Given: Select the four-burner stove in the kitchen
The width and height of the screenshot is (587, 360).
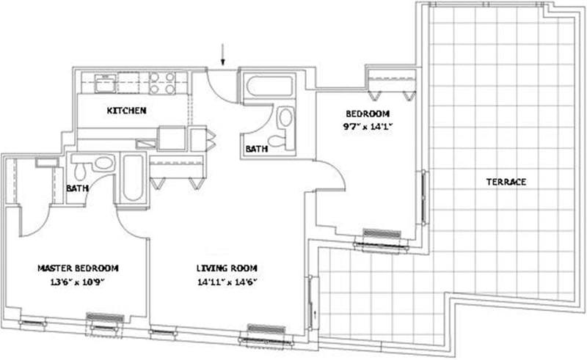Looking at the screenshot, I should click(161, 84).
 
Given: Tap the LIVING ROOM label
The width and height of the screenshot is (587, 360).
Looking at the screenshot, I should click(227, 268).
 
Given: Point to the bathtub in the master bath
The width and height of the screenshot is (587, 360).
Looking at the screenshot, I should click(132, 178).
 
